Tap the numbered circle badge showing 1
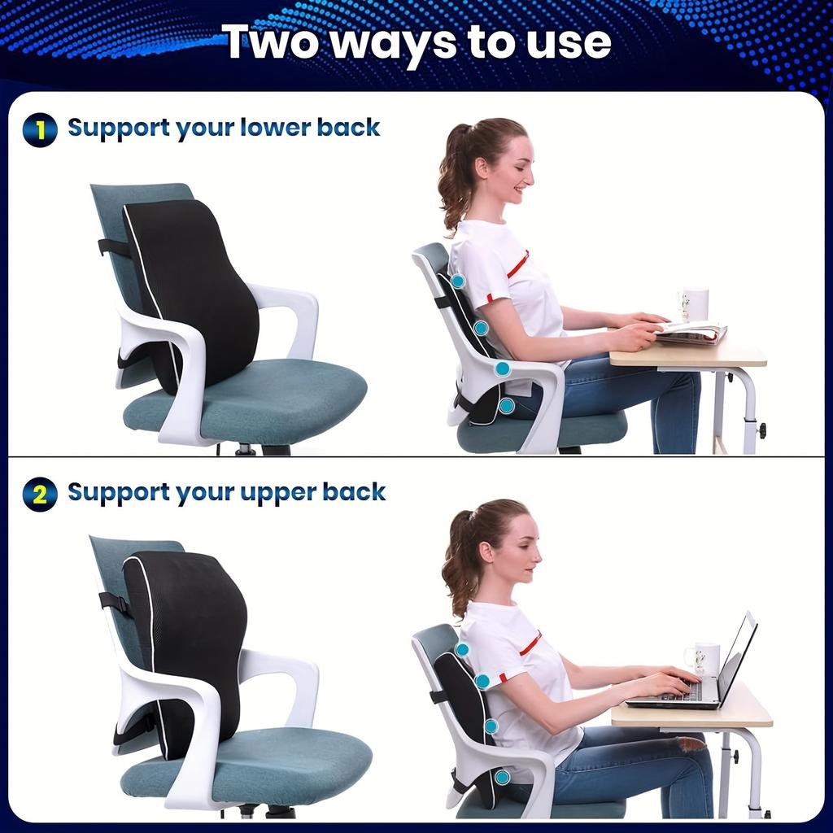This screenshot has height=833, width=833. [x=40, y=129]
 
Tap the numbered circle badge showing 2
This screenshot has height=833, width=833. [x=40, y=494]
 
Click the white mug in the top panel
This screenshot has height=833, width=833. [x=694, y=304]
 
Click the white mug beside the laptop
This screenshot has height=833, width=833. [x=704, y=658]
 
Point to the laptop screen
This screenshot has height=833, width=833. [x=737, y=655]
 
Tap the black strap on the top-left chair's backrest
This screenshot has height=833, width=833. [x=113, y=246]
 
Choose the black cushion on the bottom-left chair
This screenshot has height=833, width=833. [x=187, y=643]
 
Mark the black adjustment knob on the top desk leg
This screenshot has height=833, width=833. [x=761, y=430]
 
